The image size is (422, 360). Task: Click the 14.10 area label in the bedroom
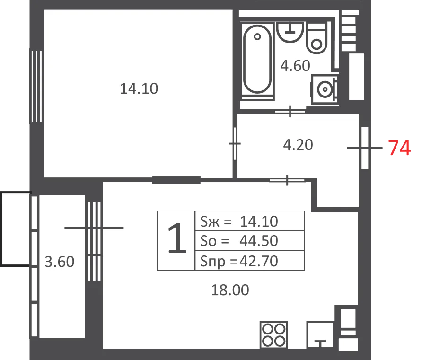139,88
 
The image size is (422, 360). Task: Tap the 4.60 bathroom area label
295,66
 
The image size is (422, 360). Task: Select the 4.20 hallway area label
298,145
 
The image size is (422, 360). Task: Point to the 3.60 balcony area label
60,262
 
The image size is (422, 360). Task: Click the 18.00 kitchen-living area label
230,290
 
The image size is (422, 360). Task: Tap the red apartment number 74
399,148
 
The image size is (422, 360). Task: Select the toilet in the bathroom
316,38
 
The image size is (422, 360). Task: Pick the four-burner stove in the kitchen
274,335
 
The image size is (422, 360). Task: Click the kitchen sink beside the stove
320,334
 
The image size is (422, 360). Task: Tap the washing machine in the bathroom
324,89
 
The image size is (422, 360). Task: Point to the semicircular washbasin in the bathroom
290,32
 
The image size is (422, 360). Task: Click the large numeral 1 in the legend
177,238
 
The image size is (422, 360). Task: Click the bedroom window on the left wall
36,86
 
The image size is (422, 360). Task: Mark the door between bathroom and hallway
290,111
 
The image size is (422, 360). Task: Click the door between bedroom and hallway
235,143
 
